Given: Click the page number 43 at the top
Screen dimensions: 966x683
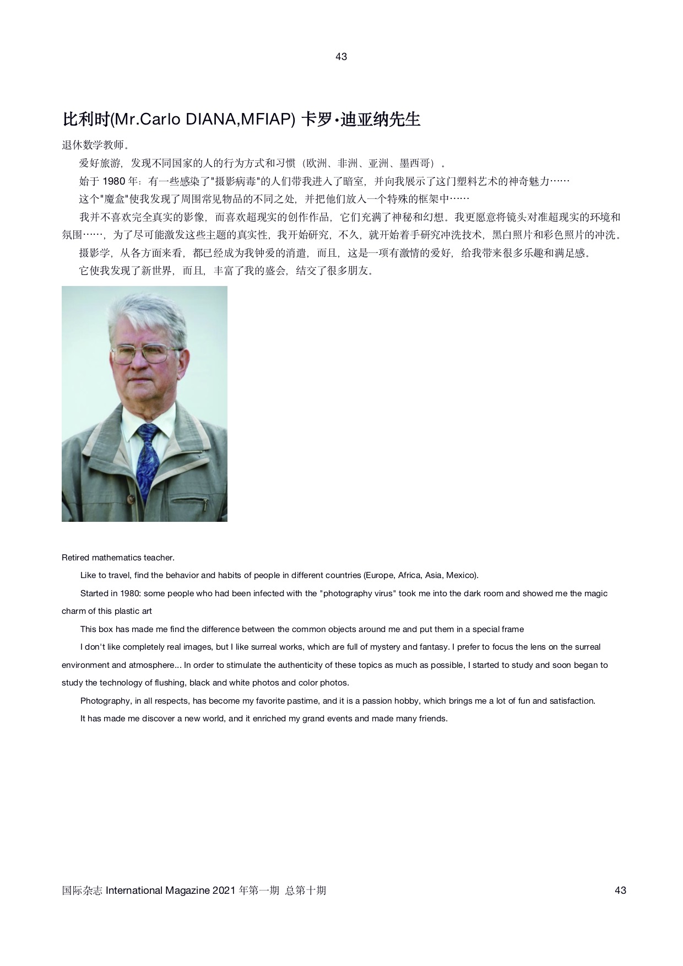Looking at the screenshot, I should point(341,57).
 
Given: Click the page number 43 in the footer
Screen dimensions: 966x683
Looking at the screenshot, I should point(620,891).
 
